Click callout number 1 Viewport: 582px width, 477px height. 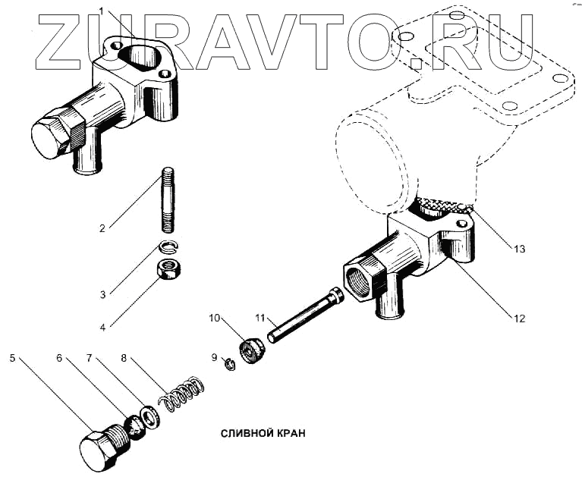pyautogui.click(x=102, y=10)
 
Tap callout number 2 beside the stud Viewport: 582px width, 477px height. pyautogui.click(x=102, y=225)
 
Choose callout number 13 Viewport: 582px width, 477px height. pyautogui.click(x=518, y=248)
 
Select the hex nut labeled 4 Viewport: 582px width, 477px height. pyautogui.click(x=167, y=268)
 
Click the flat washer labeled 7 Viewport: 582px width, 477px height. pyautogui.click(x=149, y=416)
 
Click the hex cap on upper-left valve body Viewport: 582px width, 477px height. pyautogui.click(x=52, y=136)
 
